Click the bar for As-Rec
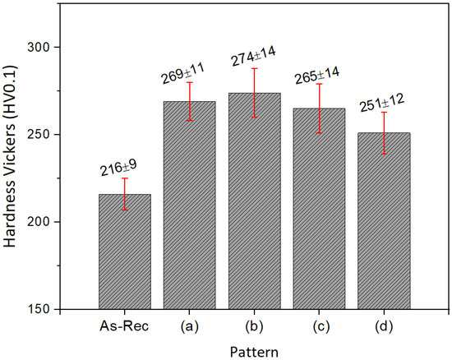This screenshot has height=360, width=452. tap(125, 252)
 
